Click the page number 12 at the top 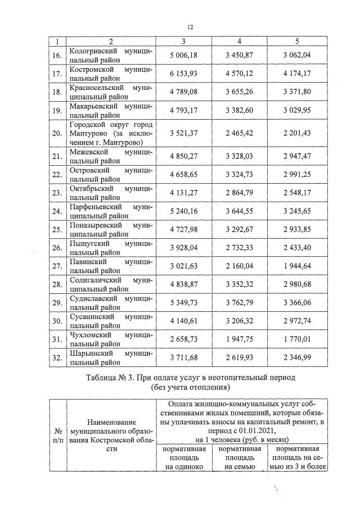[x=190, y=26]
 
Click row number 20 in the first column [x=56, y=133]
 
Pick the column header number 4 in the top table [x=240, y=42]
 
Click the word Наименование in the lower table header [x=111, y=421]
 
